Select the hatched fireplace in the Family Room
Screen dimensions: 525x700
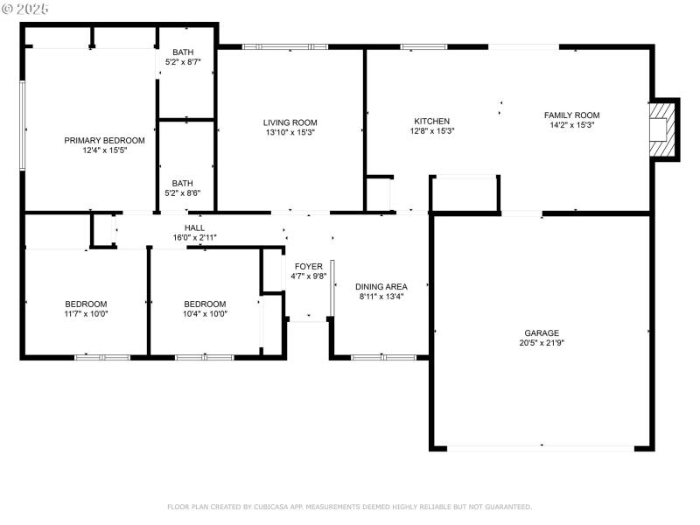[664, 129]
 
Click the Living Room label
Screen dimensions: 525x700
[290, 122]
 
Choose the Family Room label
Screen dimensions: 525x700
[571, 115]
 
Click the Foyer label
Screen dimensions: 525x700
[308, 266]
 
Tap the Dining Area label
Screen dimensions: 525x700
[381, 286]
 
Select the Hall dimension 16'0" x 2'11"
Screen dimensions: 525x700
[194, 237]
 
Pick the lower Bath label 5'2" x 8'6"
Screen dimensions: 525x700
[183, 184]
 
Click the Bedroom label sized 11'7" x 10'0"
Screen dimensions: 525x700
[86, 304]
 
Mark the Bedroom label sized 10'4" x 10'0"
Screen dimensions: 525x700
[205, 304]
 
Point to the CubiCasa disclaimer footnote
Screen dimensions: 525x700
[349, 507]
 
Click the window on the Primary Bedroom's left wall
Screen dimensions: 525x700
[23, 125]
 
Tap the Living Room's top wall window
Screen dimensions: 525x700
[285, 46]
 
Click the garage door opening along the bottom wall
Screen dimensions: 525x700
[542, 447]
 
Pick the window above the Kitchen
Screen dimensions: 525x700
[424, 46]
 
